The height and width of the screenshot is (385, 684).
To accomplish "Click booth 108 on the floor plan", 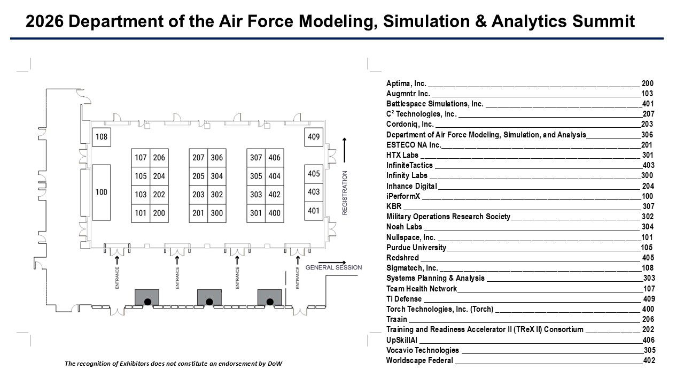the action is click(102, 137).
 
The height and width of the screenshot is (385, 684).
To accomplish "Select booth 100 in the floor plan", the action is click(102, 192).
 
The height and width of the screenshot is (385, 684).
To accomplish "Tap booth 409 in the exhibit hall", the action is click(314, 137).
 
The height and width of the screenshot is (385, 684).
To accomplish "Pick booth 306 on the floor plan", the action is click(217, 158).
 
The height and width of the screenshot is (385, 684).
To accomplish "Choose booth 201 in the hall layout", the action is click(198, 213).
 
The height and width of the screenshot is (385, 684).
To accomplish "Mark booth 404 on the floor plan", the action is click(275, 176).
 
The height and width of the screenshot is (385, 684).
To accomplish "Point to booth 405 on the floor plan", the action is click(314, 174).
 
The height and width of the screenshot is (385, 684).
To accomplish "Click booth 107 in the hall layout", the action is click(141, 158).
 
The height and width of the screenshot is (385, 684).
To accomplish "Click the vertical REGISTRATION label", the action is click(345, 193).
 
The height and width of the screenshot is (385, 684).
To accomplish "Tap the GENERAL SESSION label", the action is click(333, 268).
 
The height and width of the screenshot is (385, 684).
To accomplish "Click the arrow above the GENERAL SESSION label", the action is click(332, 263).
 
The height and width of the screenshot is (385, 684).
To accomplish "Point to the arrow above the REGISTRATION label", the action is click(345, 150).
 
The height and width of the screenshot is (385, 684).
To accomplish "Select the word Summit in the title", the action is click(603, 21).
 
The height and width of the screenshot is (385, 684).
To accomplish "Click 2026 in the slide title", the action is click(44, 21).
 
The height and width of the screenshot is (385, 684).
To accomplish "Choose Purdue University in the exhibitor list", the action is click(416, 248).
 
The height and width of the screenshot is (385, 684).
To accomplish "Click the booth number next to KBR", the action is click(648, 206).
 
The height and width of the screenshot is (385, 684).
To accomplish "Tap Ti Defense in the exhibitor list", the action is click(403, 299).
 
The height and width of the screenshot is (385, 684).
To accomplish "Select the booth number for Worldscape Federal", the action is click(649, 360).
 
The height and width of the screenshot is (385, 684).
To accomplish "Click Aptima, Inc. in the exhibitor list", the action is click(406, 83).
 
